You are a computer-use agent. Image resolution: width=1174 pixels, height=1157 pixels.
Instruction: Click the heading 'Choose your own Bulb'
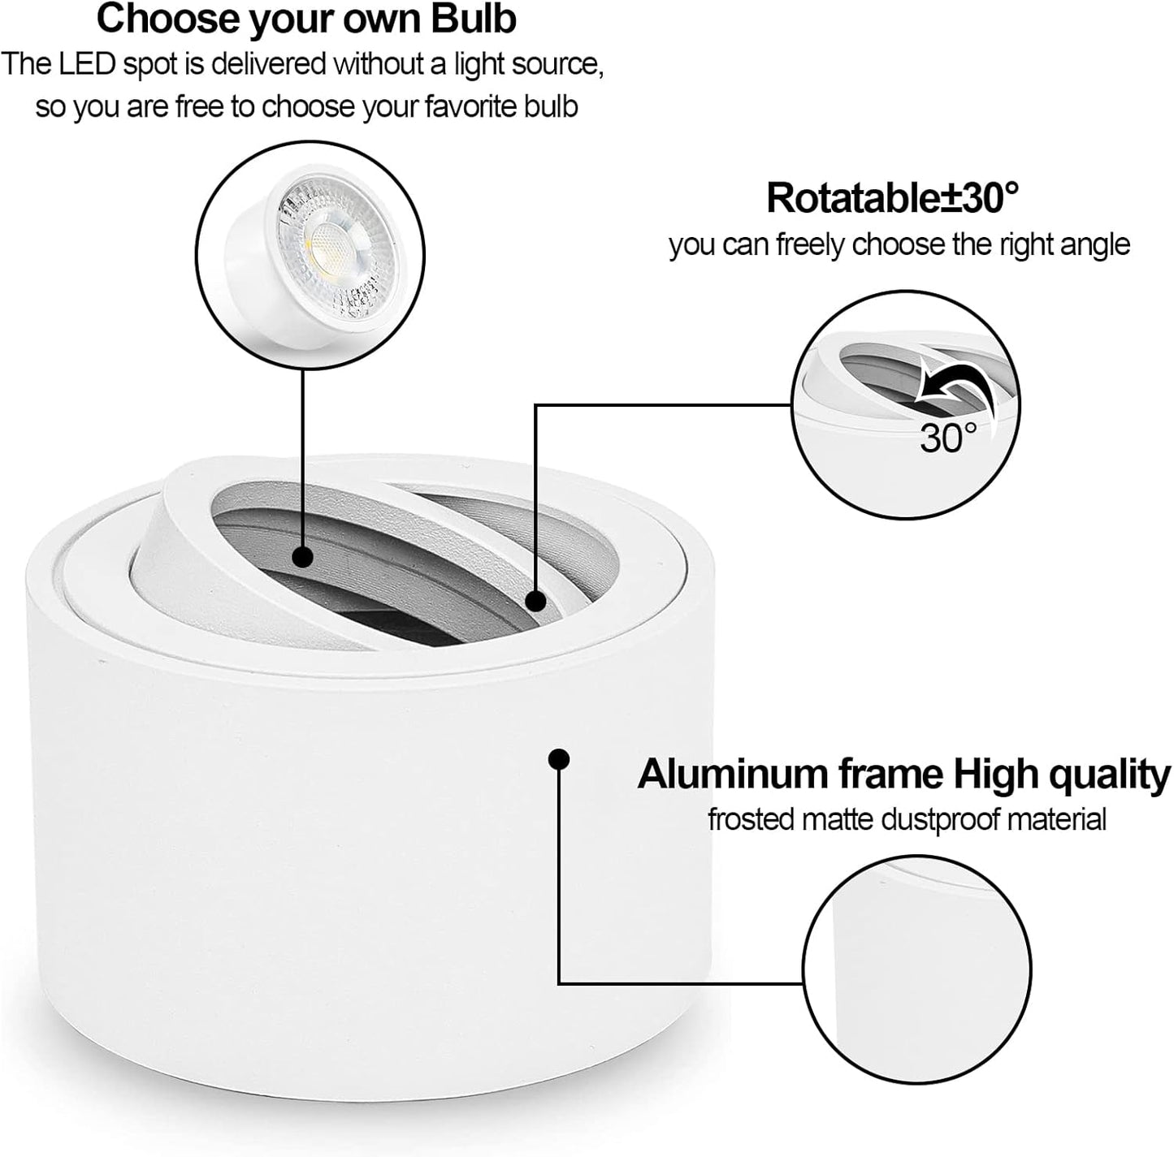pyautogui.click(x=306, y=19)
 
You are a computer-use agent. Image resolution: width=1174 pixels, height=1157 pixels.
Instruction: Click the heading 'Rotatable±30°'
pyautogui.click(x=892, y=198)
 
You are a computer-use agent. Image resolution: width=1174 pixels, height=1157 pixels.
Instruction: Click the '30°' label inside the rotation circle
pyautogui.click(x=948, y=437)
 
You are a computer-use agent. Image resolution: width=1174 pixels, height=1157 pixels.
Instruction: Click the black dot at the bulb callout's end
pyautogui.click(x=303, y=556)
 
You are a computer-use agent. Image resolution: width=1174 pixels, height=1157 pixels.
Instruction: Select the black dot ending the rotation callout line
pyautogui.click(x=535, y=601)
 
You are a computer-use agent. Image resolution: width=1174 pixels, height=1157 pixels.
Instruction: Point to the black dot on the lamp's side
pyautogui.click(x=559, y=759)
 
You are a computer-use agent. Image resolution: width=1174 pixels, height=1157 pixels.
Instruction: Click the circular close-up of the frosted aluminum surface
pyautogui.click(x=916, y=969)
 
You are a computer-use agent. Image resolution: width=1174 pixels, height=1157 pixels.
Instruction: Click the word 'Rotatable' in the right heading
pyautogui.click(x=853, y=198)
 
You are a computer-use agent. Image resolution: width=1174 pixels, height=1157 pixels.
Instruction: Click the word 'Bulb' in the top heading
pyautogui.click(x=474, y=19)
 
